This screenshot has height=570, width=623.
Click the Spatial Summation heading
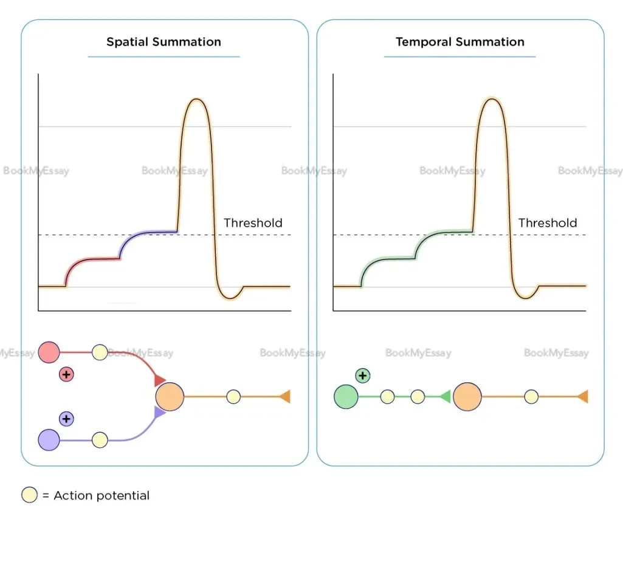tap(163, 42)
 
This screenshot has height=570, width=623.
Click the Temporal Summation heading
tap(460, 42)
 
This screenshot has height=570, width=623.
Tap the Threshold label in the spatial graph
tap(253, 223)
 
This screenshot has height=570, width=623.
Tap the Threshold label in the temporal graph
tap(547, 223)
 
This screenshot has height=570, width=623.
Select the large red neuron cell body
tap(49, 352)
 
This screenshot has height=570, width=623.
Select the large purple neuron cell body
tap(49, 439)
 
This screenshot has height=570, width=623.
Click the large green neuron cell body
tap(346, 397)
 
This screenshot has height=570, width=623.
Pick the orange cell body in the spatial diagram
tap(170, 397)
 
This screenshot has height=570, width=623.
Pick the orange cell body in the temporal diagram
tap(467, 397)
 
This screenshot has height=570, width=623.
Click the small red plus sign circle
tap(66, 374)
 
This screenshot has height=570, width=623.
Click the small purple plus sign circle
tap(66, 418)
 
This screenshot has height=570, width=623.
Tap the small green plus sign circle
tap(363, 376)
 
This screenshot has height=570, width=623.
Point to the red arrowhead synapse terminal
tap(160, 381)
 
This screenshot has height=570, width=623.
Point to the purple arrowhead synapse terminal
tap(160, 413)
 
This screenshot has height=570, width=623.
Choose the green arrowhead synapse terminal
tap(445, 397)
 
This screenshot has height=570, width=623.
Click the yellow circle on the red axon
tap(100, 352)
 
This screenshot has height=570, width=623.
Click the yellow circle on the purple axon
tap(100, 439)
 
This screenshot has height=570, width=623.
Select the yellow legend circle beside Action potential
tap(29, 495)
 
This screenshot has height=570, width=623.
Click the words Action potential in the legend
tap(101, 495)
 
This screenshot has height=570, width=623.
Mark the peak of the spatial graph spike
tap(195, 98)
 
